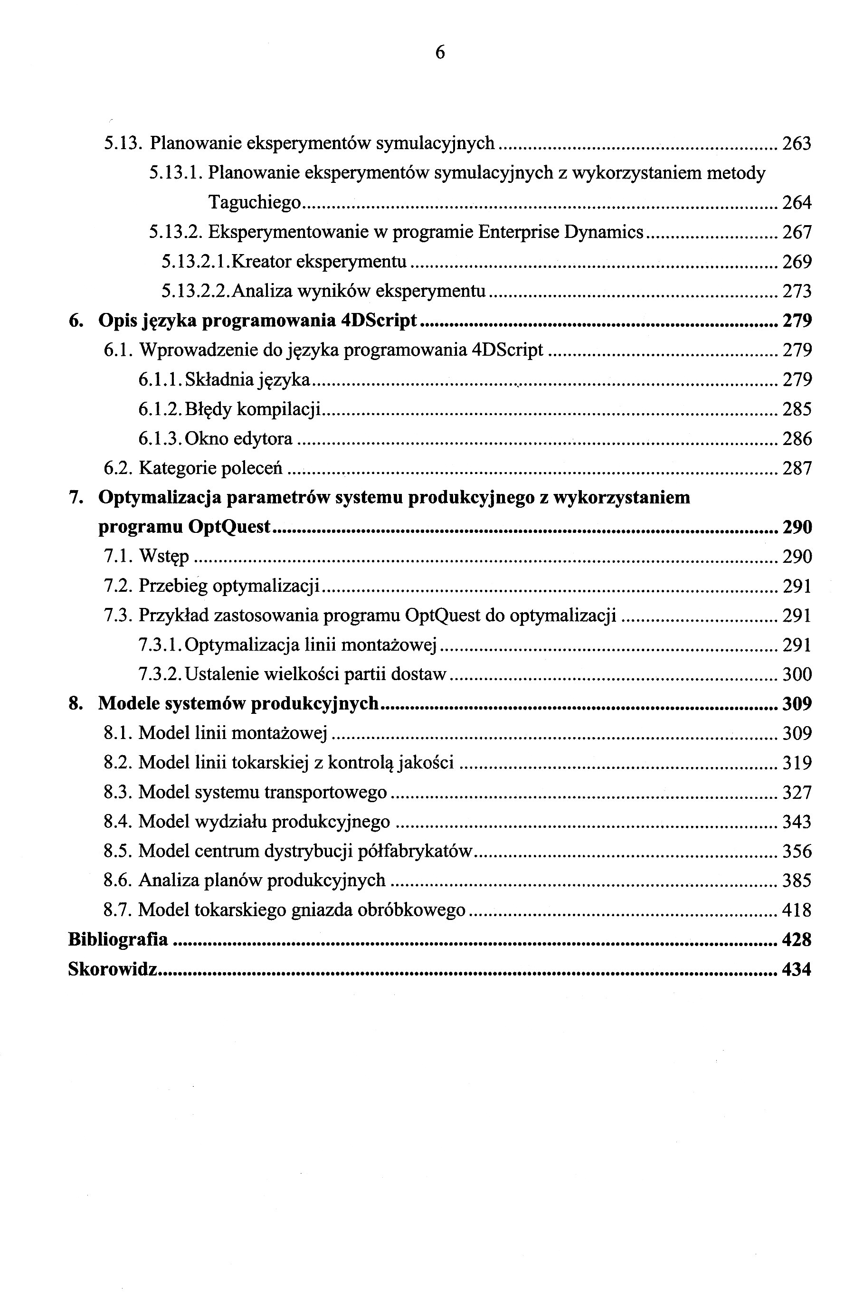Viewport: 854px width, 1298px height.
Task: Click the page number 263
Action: [797, 143]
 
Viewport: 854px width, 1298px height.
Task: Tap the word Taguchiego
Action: [254, 203]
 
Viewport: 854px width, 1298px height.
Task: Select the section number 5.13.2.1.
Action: [195, 262]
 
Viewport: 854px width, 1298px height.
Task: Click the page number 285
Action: [797, 409]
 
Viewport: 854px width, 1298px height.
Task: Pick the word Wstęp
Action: [163, 557]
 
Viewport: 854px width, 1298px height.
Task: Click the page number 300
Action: [797, 674]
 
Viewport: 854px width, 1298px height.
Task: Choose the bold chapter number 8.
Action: [75, 704]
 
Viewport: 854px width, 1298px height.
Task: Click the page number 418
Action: [797, 910]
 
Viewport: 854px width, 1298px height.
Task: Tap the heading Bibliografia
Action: [118, 940]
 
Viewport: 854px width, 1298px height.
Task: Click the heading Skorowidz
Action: [113, 969]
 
